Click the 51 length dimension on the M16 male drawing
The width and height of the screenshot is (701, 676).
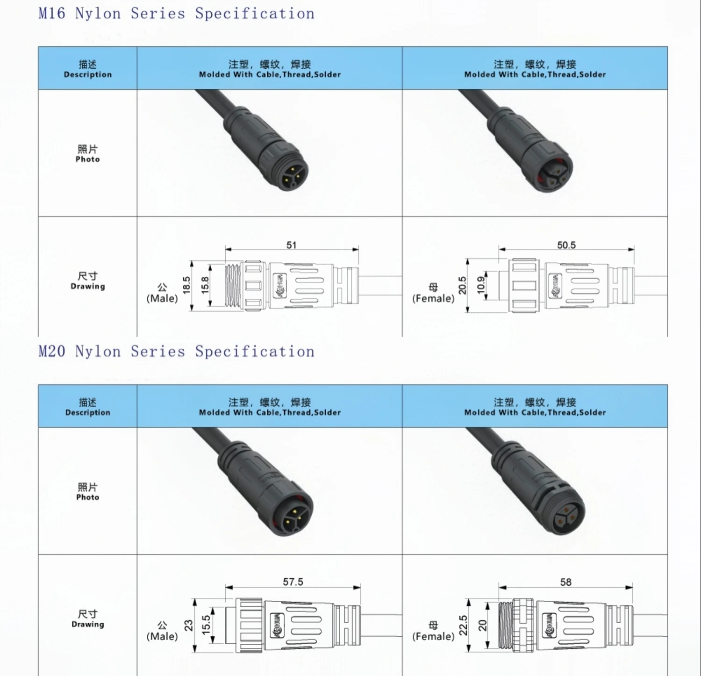pos(291,245)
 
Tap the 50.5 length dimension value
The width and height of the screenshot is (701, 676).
pos(566,245)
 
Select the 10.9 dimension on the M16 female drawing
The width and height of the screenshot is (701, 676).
pos(481,285)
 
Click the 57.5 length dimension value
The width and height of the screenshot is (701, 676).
pos(293,582)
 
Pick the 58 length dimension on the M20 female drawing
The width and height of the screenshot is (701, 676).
pos(565,582)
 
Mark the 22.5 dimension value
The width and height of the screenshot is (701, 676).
pos(463,625)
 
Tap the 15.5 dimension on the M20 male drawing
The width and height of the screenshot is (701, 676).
pos(206,625)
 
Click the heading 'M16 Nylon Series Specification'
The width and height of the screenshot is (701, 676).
pos(176,14)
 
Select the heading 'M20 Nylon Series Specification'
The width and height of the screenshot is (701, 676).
pos(176,352)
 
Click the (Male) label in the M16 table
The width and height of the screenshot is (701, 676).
pos(162,298)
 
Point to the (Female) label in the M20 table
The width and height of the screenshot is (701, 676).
pos(433,636)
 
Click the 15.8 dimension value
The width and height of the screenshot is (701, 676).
pos(205,285)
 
